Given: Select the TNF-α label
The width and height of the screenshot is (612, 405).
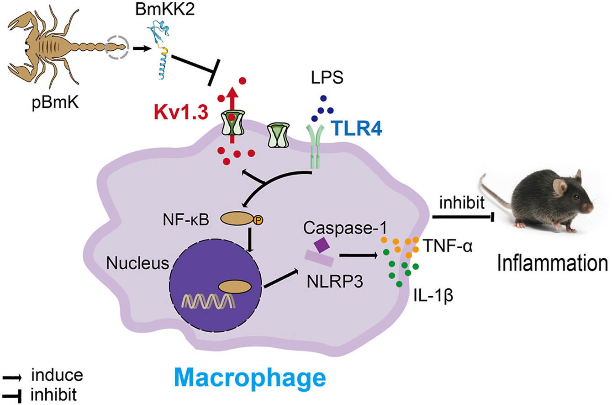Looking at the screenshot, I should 447,247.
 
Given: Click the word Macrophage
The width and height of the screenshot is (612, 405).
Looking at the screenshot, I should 250,379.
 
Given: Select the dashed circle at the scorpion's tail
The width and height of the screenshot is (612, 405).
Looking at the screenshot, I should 118,47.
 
